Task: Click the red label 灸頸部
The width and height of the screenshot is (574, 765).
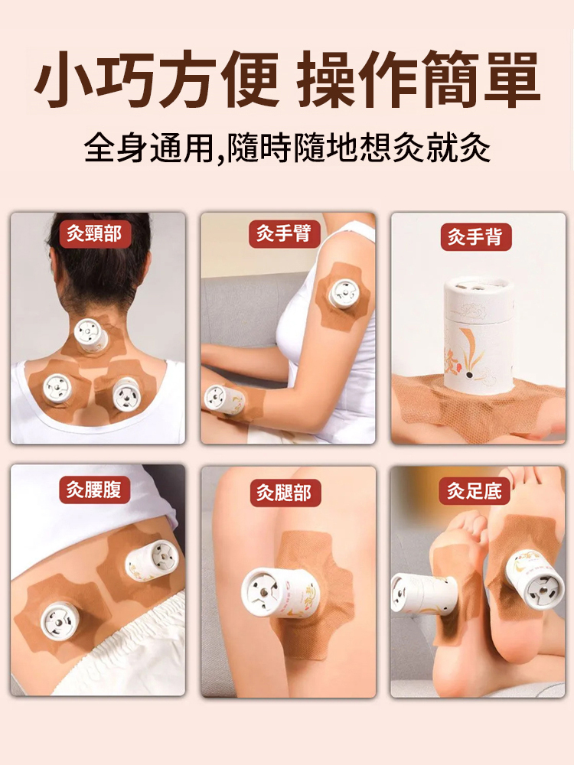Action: click(x=95, y=234)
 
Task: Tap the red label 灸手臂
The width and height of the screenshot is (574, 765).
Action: click(x=285, y=233)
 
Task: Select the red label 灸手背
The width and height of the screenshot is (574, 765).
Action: click(x=476, y=237)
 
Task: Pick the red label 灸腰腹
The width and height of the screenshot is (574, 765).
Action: click(x=95, y=490)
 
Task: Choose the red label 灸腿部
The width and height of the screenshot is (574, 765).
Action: click(x=285, y=493)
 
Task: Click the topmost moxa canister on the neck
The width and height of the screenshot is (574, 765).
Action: click(x=91, y=335)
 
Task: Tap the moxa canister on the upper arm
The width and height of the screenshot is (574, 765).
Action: click(x=344, y=295)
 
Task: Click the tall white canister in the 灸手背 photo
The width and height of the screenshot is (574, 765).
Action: click(x=479, y=335)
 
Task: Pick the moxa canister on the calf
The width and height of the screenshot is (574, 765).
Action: click(x=279, y=592)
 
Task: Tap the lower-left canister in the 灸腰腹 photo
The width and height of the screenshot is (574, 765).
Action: click(x=60, y=620)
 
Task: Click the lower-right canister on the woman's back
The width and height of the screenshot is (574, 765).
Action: click(x=126, y=394)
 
